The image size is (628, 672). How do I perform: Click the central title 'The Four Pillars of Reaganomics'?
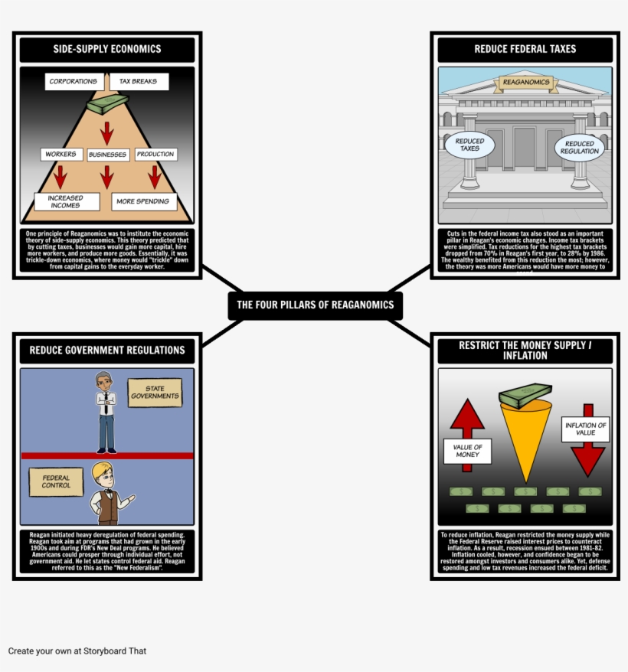coord(315,305)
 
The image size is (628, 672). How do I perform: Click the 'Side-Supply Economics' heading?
coord(107,49)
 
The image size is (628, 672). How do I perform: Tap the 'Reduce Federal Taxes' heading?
coord(525,49)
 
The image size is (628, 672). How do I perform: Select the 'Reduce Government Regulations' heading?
coord(107,350)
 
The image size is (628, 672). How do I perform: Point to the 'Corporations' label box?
coord(74,81)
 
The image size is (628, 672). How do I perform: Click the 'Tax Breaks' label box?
coord(139,81)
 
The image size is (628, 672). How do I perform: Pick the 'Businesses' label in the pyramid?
coord(107,155)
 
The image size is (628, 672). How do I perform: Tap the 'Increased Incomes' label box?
coord(67,201)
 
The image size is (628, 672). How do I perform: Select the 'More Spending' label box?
coord(145,202)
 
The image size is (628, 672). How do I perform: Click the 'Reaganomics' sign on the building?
coord(525,82)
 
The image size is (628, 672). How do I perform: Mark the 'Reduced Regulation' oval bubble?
coord(579,147)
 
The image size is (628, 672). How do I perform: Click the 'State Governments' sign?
coord(155,393)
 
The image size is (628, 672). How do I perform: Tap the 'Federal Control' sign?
coord(56,481)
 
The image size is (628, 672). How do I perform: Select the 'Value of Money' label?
coord(467,451)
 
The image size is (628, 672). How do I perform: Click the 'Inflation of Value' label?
coord(586,429)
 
